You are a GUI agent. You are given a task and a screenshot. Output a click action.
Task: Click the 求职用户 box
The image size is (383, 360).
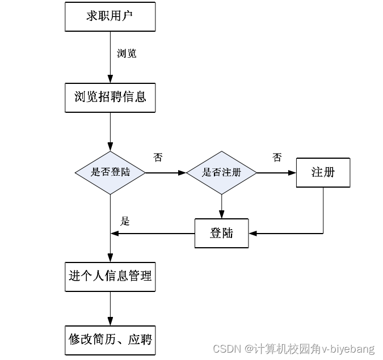tap(110, 16)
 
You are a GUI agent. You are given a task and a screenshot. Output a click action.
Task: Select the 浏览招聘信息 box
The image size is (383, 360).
tap(110, 97)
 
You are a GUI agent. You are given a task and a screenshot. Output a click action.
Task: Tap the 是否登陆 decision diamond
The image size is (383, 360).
tap(110, 172)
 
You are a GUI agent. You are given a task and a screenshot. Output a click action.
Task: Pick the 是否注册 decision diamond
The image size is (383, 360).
tap(221, 172)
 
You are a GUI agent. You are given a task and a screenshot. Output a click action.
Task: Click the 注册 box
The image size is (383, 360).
tap(323, 172)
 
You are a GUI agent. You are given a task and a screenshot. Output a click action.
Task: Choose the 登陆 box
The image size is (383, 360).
tap(221, 233)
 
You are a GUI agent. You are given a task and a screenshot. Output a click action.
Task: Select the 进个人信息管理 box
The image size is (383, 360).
tap(110, 277)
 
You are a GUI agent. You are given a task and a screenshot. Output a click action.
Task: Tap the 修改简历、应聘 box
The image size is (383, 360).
tap(110, 340)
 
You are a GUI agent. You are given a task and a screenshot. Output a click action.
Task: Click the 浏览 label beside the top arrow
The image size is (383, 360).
tap(126, 54)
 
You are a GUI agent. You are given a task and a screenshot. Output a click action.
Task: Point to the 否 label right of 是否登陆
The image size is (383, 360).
tap(158, 158)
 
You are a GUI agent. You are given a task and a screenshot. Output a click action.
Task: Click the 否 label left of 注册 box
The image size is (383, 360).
tap(276, 158)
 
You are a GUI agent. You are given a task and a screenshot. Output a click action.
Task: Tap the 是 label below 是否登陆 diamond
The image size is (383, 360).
tap(125, 221)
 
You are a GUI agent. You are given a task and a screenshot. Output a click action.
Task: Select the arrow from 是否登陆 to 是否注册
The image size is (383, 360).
tap(166, 172)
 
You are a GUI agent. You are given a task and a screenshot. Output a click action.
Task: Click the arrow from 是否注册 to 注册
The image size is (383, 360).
tap(276, 172)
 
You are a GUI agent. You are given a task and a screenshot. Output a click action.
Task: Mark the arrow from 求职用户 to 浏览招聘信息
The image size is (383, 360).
tap(110, 57)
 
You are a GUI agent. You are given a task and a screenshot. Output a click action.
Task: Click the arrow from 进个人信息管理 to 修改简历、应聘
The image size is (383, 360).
tap(110, 308)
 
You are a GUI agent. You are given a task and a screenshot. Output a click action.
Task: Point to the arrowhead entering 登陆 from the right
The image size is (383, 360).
tap(253, 233)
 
